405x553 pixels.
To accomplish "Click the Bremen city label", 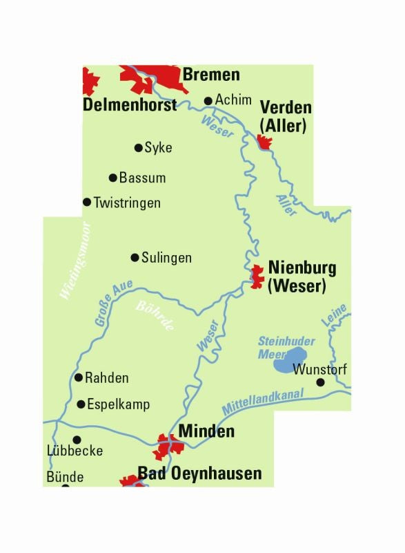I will (211, 75).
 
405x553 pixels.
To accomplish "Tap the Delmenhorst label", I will (130, 105).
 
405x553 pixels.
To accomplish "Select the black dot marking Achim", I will (208, 101).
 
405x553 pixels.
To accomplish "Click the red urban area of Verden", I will (264, 142).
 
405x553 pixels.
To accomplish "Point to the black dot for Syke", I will (138, 147).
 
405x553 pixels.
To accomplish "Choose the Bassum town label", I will (142, 178).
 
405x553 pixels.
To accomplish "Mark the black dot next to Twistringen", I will (87, 202).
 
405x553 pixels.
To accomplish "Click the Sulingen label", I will (166, 258).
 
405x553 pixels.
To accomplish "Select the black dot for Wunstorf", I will (320, 382).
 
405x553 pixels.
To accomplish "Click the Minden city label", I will (206, 432).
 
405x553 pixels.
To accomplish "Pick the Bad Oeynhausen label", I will (200, 474).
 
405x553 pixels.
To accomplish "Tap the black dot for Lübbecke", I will (77, 439).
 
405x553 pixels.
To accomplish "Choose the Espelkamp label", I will (118, 404).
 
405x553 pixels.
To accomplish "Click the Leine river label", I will (333, 317).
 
